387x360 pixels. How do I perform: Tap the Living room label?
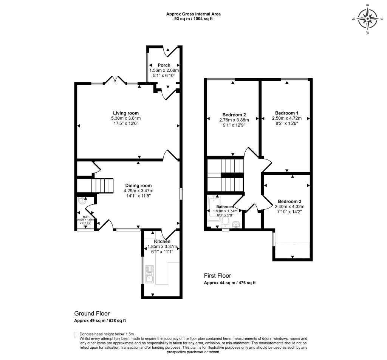(x=126, y=113)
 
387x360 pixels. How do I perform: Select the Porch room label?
(x=164, y=65)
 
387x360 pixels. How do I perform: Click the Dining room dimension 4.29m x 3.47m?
(x=138, y=191)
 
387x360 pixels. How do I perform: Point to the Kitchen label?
(x=162, y=241)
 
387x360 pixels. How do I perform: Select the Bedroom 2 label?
(x=234, y=115)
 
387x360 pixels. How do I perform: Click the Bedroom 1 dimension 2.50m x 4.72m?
(x=286, y=118)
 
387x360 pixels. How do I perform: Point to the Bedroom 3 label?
(x=288, y=201)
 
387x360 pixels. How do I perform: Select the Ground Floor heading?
(x=92, y=314)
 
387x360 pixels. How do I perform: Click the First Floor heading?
(x=217, y=276)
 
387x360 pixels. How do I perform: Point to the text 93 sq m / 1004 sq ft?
(x=193, y=19)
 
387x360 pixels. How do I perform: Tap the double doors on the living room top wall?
(x=115, y=80)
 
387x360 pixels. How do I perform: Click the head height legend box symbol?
(x=76, y=335)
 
